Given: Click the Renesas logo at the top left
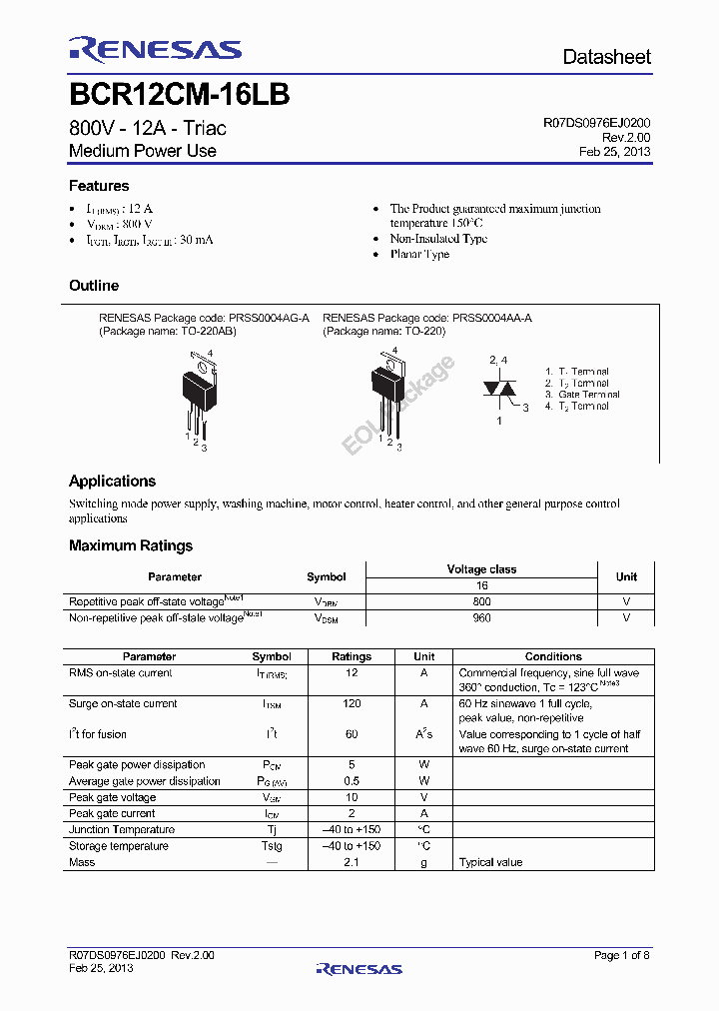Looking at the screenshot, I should [155, 50].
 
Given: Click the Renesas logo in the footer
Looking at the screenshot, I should [359, 968].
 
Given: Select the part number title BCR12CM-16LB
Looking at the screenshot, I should [180, 95].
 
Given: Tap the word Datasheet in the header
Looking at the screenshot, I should [606, 57].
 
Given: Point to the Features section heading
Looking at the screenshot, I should [99, 186].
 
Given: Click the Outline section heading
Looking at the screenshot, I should [94, 286].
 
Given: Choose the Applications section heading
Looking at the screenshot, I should [112, 481].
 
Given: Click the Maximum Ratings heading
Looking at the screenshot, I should [131, 545].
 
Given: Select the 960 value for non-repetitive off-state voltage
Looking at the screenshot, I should [481, 618].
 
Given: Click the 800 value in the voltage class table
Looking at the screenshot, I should [481, 602].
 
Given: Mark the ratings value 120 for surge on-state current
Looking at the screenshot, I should [351, 703].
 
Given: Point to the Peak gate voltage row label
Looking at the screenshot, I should [112, 797].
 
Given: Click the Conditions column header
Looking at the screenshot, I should [552, 656].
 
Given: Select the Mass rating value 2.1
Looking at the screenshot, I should [351, 862].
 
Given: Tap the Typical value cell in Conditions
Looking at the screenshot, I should [490, 862].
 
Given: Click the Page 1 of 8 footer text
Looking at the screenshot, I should [621, 955].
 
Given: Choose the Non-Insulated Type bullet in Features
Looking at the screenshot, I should [438, 239].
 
